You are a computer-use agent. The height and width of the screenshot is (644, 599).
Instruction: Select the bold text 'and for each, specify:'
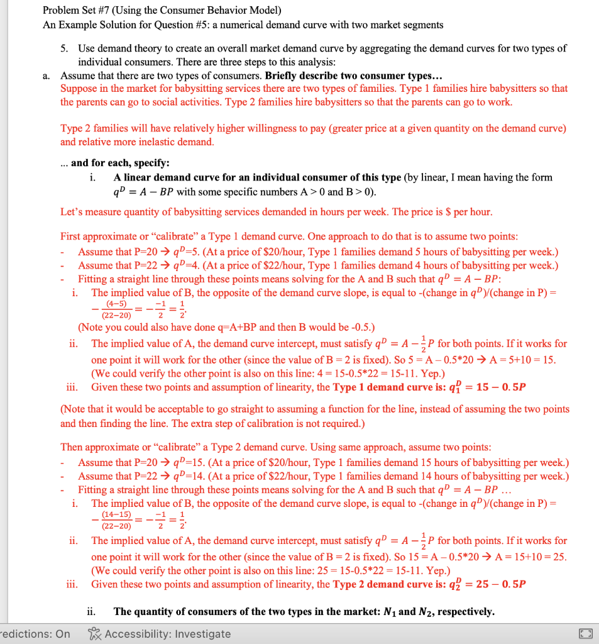[119, 162]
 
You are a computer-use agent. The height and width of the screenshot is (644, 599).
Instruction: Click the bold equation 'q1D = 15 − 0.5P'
[489, 386]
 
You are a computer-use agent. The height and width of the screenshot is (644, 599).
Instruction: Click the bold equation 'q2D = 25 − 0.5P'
[489, 584]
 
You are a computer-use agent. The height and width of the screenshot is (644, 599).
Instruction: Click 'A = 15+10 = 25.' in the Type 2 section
[531, 557]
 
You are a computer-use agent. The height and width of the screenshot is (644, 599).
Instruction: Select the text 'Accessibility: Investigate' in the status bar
[168, 634]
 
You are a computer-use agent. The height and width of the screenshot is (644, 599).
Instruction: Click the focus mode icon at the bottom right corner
[586, 634]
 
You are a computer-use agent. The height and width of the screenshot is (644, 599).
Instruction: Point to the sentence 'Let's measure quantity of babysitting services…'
[276, 212]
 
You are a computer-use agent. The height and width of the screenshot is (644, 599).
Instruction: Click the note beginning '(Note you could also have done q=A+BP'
[226, 327]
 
